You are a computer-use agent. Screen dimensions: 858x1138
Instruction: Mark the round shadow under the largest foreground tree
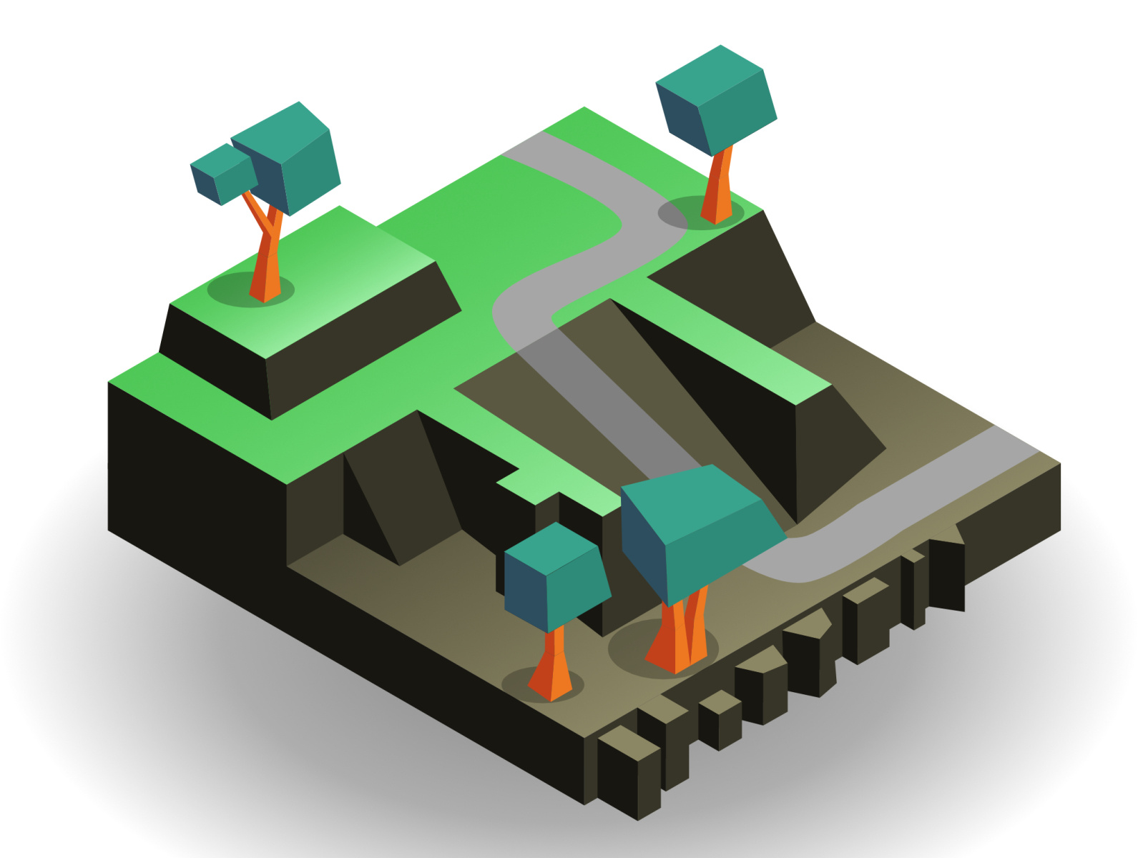629,651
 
